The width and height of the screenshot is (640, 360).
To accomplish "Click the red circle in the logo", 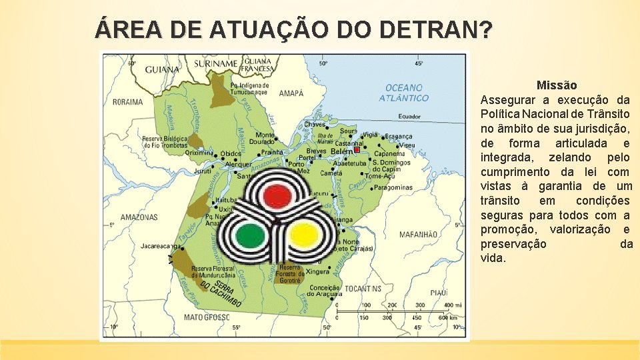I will click(275, 195).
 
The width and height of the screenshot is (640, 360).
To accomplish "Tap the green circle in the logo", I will click(251, 235).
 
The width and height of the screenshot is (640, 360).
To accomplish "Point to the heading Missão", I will click(557, 85).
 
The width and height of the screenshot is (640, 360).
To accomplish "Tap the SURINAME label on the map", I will click(216, 64).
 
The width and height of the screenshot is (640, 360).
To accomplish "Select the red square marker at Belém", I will click(357, 150).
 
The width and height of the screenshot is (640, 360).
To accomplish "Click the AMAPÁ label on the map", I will click(291, 93).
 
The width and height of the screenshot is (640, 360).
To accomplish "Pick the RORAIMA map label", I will click(128, 102).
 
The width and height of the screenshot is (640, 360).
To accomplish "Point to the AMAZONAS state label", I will click(139, 217).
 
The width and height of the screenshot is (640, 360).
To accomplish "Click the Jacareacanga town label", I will click(159, 246).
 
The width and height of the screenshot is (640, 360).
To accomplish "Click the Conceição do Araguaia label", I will click(325, 292).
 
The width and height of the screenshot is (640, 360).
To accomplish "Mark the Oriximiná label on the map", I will click(199, 152).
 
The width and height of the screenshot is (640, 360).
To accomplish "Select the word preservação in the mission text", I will click(513, 244).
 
